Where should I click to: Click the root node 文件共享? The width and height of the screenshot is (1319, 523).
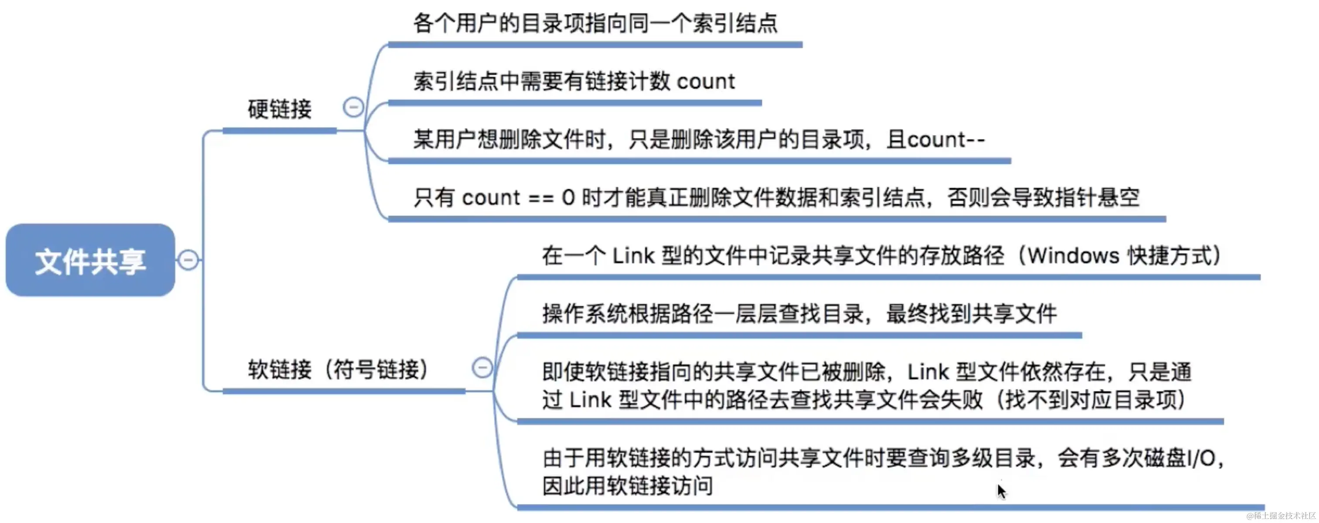coord(90,260)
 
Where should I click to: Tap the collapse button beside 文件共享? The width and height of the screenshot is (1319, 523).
coord(188,260)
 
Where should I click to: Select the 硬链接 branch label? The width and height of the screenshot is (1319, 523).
coord(280,109)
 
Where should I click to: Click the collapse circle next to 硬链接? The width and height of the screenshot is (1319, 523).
coord(353,107)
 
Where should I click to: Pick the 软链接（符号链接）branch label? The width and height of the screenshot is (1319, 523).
coord(338,369)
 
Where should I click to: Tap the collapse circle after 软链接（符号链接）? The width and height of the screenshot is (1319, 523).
coord(482,367)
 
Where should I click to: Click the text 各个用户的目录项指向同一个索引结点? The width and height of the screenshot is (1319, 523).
coord(595,24)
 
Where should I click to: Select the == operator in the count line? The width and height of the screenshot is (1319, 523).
coord(541,198)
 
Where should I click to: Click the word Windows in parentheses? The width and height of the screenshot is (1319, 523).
coord(1074,256)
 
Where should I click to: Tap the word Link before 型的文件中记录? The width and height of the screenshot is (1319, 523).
coord(633,256)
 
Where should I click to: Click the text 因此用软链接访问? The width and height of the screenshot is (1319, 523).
coord(628,485)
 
